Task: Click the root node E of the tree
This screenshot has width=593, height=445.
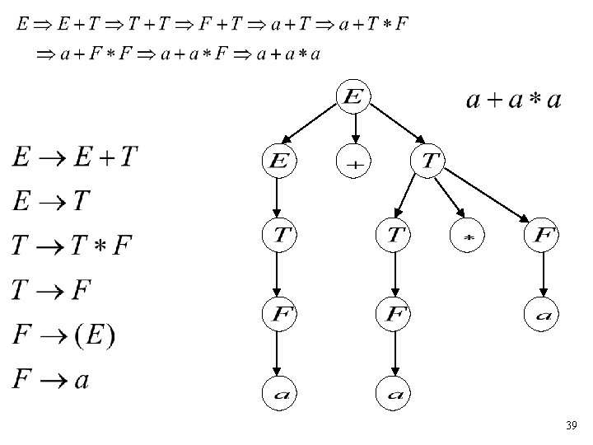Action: pyautogui.click(x=353, y=97)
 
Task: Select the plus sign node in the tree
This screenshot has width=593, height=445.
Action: pyautogui.click(x=354, y=162)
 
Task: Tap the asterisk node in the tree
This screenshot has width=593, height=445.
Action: pyautogui.click(x=467, y=237)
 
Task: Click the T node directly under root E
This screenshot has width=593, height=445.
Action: pyautogui.click(x=429, y=162)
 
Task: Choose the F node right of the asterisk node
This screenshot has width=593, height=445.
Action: pyautogui.click(x=541, y=237)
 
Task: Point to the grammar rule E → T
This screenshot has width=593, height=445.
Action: pyautogui.click(x=51, y=202)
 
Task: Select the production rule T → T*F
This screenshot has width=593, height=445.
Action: pyautogui.click(x=72, y=246)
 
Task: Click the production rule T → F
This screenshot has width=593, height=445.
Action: pyautogui.click(x=51, y=290)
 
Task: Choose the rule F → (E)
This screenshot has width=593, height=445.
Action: pyautogui.click(x=64, y=335)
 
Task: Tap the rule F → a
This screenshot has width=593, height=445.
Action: pyautogui.click(x=51, y=380)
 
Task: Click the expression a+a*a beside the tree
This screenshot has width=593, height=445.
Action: pyautogui.click(x=514, y=101)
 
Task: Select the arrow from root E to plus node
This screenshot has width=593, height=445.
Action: pyautogui.click(x=354, y=128)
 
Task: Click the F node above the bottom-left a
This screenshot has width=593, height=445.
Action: pyautogui.click(x=278, y=314)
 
